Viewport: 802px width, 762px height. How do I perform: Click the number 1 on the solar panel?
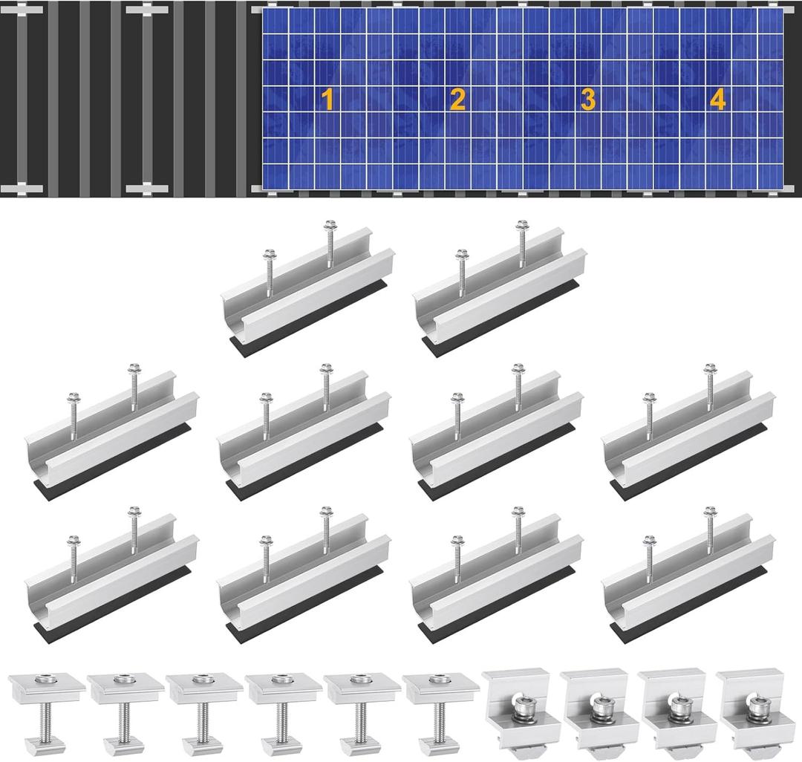coord(327,100)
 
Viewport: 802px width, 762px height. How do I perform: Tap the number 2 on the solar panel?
coord(457,100)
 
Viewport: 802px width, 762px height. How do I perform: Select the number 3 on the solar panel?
coord(587,100)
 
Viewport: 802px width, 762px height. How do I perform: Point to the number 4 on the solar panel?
coord(717,100)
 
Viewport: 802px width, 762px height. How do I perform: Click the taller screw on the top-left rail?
coord(330,245)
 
